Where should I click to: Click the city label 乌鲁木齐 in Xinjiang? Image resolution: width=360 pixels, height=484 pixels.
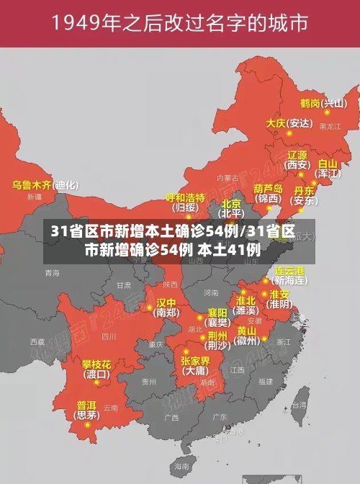pos(32,185)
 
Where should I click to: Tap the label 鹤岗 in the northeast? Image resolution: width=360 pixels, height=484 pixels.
pos(310,103)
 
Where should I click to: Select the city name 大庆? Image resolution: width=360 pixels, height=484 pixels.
pos(276,123)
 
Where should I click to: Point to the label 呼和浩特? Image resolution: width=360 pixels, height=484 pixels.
pos(185,197)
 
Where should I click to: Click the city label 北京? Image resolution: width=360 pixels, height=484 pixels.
pos(231,204)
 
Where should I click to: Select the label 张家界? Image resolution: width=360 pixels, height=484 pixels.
pos(195,361)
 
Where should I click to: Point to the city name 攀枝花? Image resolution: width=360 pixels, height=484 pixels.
pos(96,364)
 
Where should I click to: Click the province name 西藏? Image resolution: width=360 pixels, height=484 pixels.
pos(37,341)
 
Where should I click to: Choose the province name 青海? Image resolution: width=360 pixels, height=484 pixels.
pos(53,273)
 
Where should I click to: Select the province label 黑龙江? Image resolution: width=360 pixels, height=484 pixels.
pos(330,126)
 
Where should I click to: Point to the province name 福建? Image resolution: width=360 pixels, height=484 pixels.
pos(266,381)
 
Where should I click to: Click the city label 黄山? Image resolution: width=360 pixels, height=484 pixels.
pos(246,330)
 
